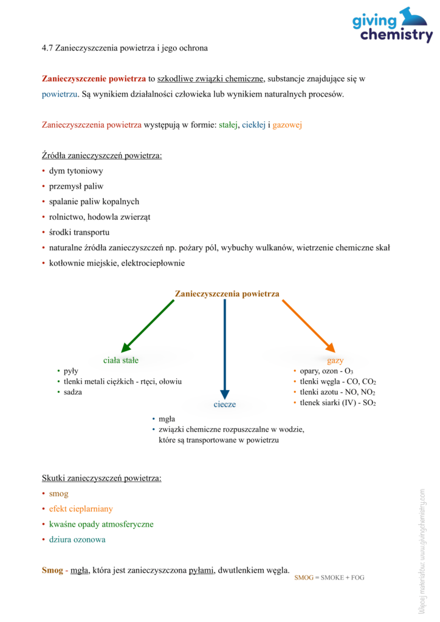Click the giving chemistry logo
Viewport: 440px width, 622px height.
392,26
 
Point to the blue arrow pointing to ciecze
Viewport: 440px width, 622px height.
225,346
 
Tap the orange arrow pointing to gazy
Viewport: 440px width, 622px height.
308,325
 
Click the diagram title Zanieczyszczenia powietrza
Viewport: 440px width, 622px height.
227,294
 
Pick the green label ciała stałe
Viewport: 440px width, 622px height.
120,360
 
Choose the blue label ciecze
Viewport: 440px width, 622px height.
225,404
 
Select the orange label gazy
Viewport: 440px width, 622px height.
335,360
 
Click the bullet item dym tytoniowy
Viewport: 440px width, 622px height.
76,171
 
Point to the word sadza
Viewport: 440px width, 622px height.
73,392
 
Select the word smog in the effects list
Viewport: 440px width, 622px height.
59,494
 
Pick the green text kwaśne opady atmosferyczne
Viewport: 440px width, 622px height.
101,524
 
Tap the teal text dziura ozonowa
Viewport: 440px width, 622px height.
77,539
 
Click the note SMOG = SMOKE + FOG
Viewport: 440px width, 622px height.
329,578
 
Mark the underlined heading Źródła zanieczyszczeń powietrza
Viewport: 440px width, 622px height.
101,155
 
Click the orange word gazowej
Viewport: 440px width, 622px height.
287,125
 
